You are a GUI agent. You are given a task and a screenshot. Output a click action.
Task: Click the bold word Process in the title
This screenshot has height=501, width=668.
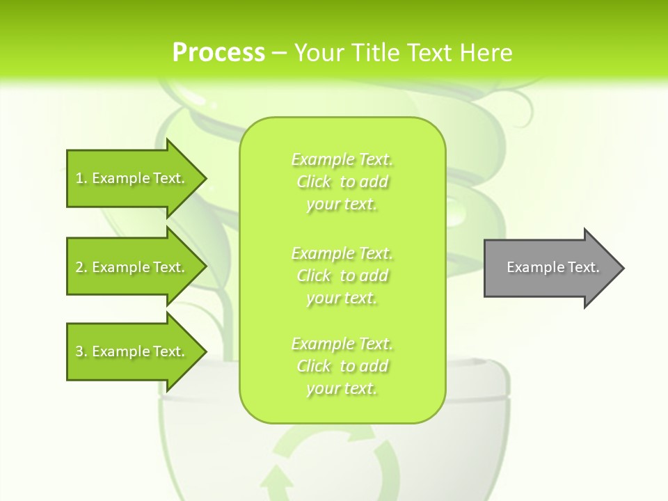click(x=218, y=52)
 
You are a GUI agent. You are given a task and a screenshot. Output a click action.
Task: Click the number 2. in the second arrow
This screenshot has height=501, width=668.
click(x=81, y=267)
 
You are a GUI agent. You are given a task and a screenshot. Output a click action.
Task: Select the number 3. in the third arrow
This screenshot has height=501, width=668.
click(x=81, y=351)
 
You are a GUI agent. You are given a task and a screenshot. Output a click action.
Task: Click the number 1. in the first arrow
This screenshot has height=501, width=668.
click(x=81, y=178)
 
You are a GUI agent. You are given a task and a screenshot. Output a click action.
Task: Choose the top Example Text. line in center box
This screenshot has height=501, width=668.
click(x=342, y=159)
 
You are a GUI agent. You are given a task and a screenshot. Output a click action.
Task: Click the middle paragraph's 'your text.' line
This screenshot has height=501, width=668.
click(x=342, y=298)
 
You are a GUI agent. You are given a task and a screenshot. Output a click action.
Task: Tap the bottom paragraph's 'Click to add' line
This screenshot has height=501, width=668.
click(x=342, y=366)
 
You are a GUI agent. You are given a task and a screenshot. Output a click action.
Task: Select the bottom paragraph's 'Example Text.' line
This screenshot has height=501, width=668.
click(x=342, y=344)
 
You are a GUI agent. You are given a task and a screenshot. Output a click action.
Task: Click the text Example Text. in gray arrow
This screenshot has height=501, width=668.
click(x=553, y=267)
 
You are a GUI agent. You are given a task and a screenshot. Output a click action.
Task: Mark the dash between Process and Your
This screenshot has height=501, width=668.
click(x=279, y=53)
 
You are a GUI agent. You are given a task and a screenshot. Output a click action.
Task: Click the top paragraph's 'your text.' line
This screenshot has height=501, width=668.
click(x=342, y=205)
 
